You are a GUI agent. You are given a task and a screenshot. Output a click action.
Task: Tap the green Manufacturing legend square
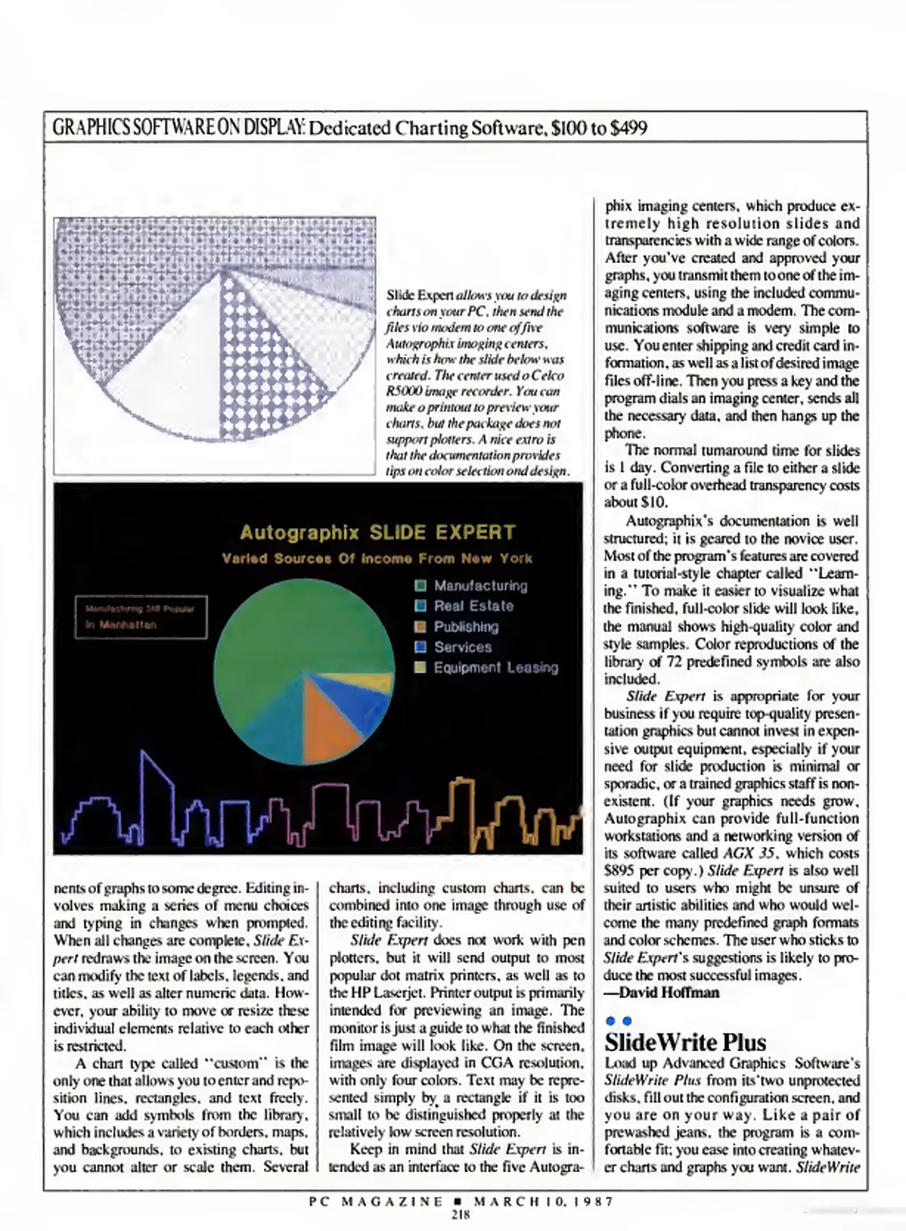pyautogui.click(x=421, y=585)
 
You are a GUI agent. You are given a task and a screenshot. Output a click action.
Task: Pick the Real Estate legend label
pyautogui.click(x=474, y=606)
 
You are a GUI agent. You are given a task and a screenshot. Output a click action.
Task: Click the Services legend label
pyautogui.click(x=463, y=647)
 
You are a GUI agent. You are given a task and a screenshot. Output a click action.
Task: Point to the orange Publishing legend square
pyautogui.click(x=421, y=626)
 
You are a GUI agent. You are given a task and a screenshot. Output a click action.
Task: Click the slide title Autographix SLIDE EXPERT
pyautogui.click(x=377, y=532)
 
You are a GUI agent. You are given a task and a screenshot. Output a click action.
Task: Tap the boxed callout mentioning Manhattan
pyautogui.click(x=141, y=617)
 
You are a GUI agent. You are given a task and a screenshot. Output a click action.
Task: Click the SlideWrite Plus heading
pyautogui.click(x=685, y=1042)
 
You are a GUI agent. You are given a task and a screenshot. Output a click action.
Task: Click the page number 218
pyautogui.click(x=460, y=1214)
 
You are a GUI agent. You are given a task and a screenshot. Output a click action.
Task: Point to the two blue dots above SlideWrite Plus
pyautogui.click(x=619, y=1021)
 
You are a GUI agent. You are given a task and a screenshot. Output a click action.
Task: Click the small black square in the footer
pyautogui.click(x=459, y=1201)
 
